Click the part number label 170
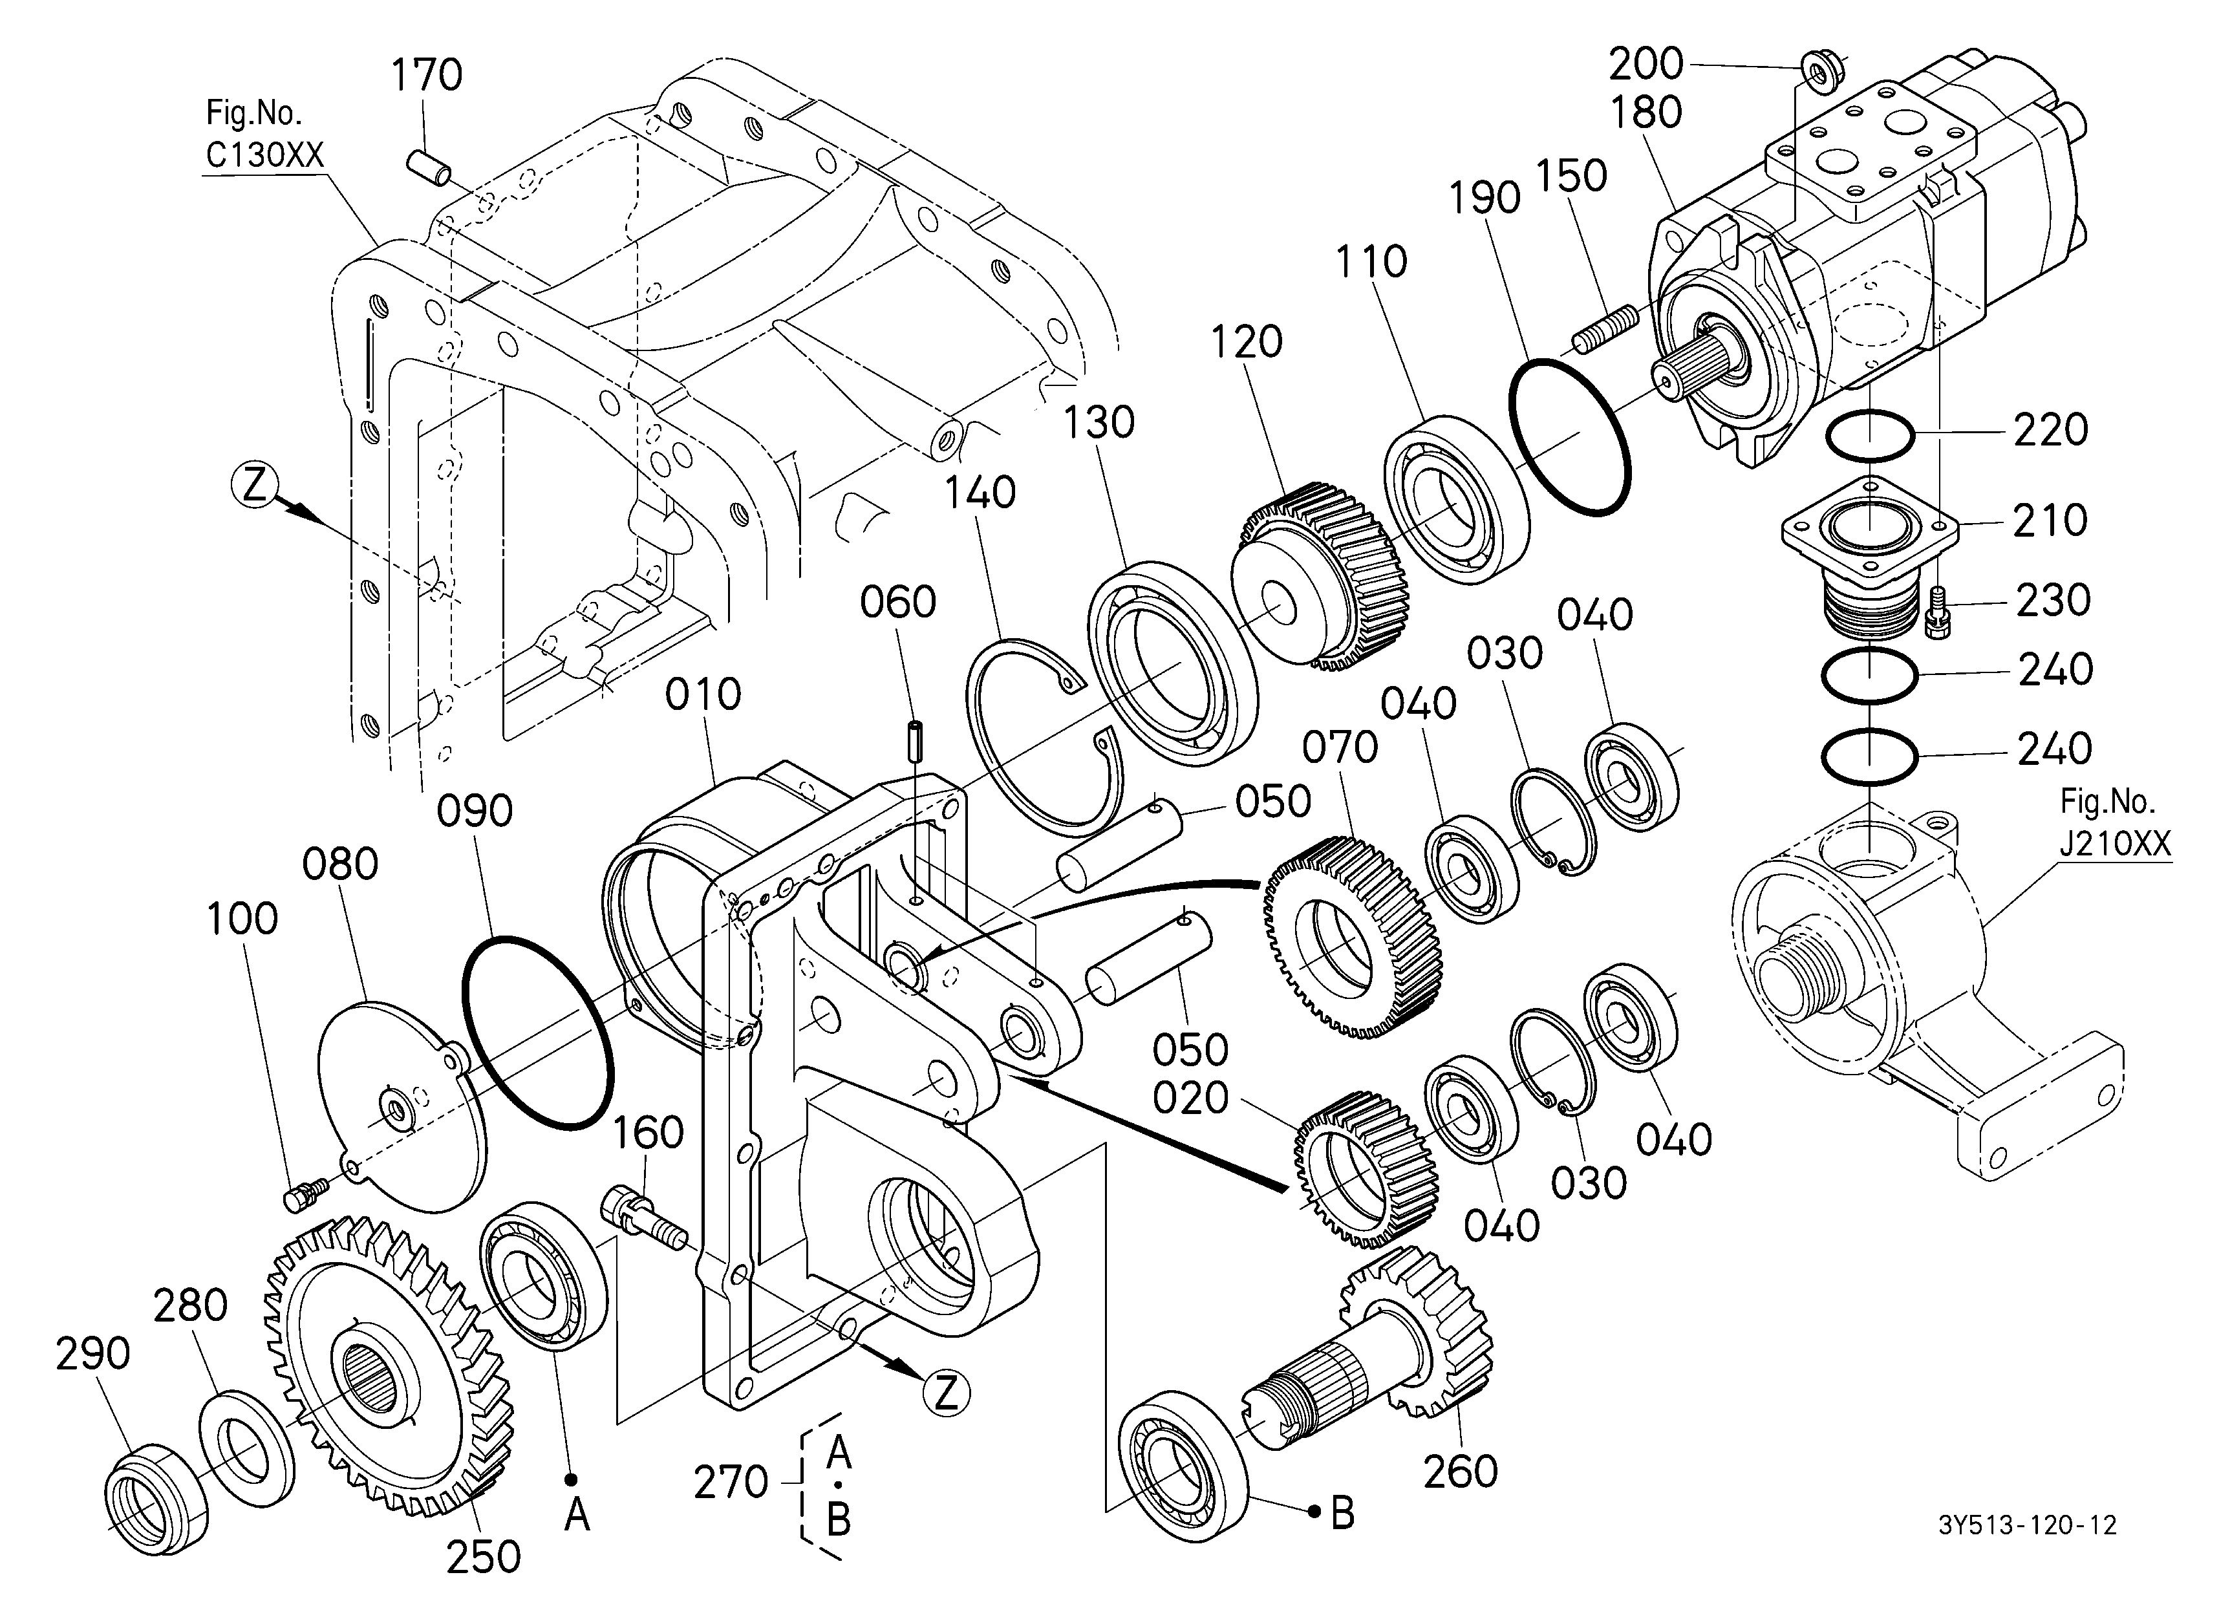pos(427,76)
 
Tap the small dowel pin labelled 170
pos(430,166)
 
